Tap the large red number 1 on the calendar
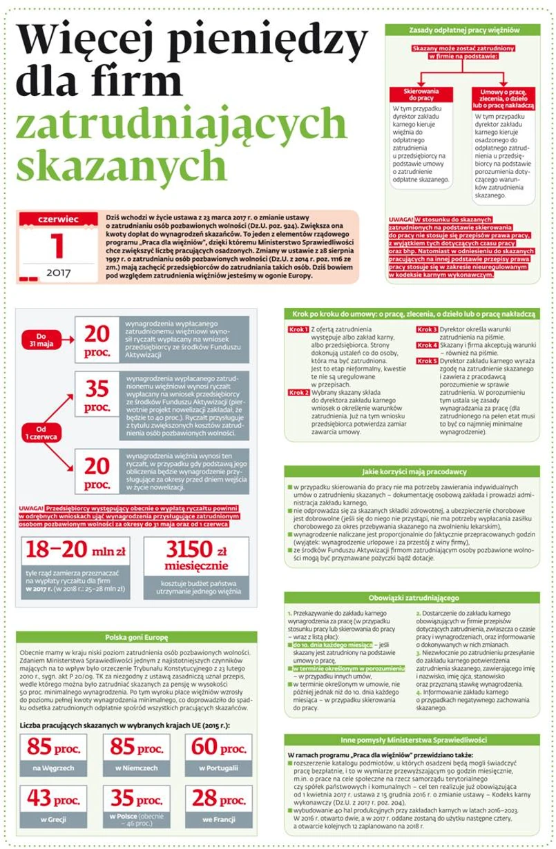point(58,246)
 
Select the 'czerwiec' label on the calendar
point(58,219)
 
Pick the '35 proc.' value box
point(97,397)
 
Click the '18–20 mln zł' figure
point(75,550)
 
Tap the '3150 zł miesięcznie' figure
point(196,556)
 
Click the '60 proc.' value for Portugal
point(218,746)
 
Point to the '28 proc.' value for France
point(218,798)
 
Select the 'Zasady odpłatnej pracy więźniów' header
point(463,30)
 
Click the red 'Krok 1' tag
point(298,330)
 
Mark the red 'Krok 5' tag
point(427,360)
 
